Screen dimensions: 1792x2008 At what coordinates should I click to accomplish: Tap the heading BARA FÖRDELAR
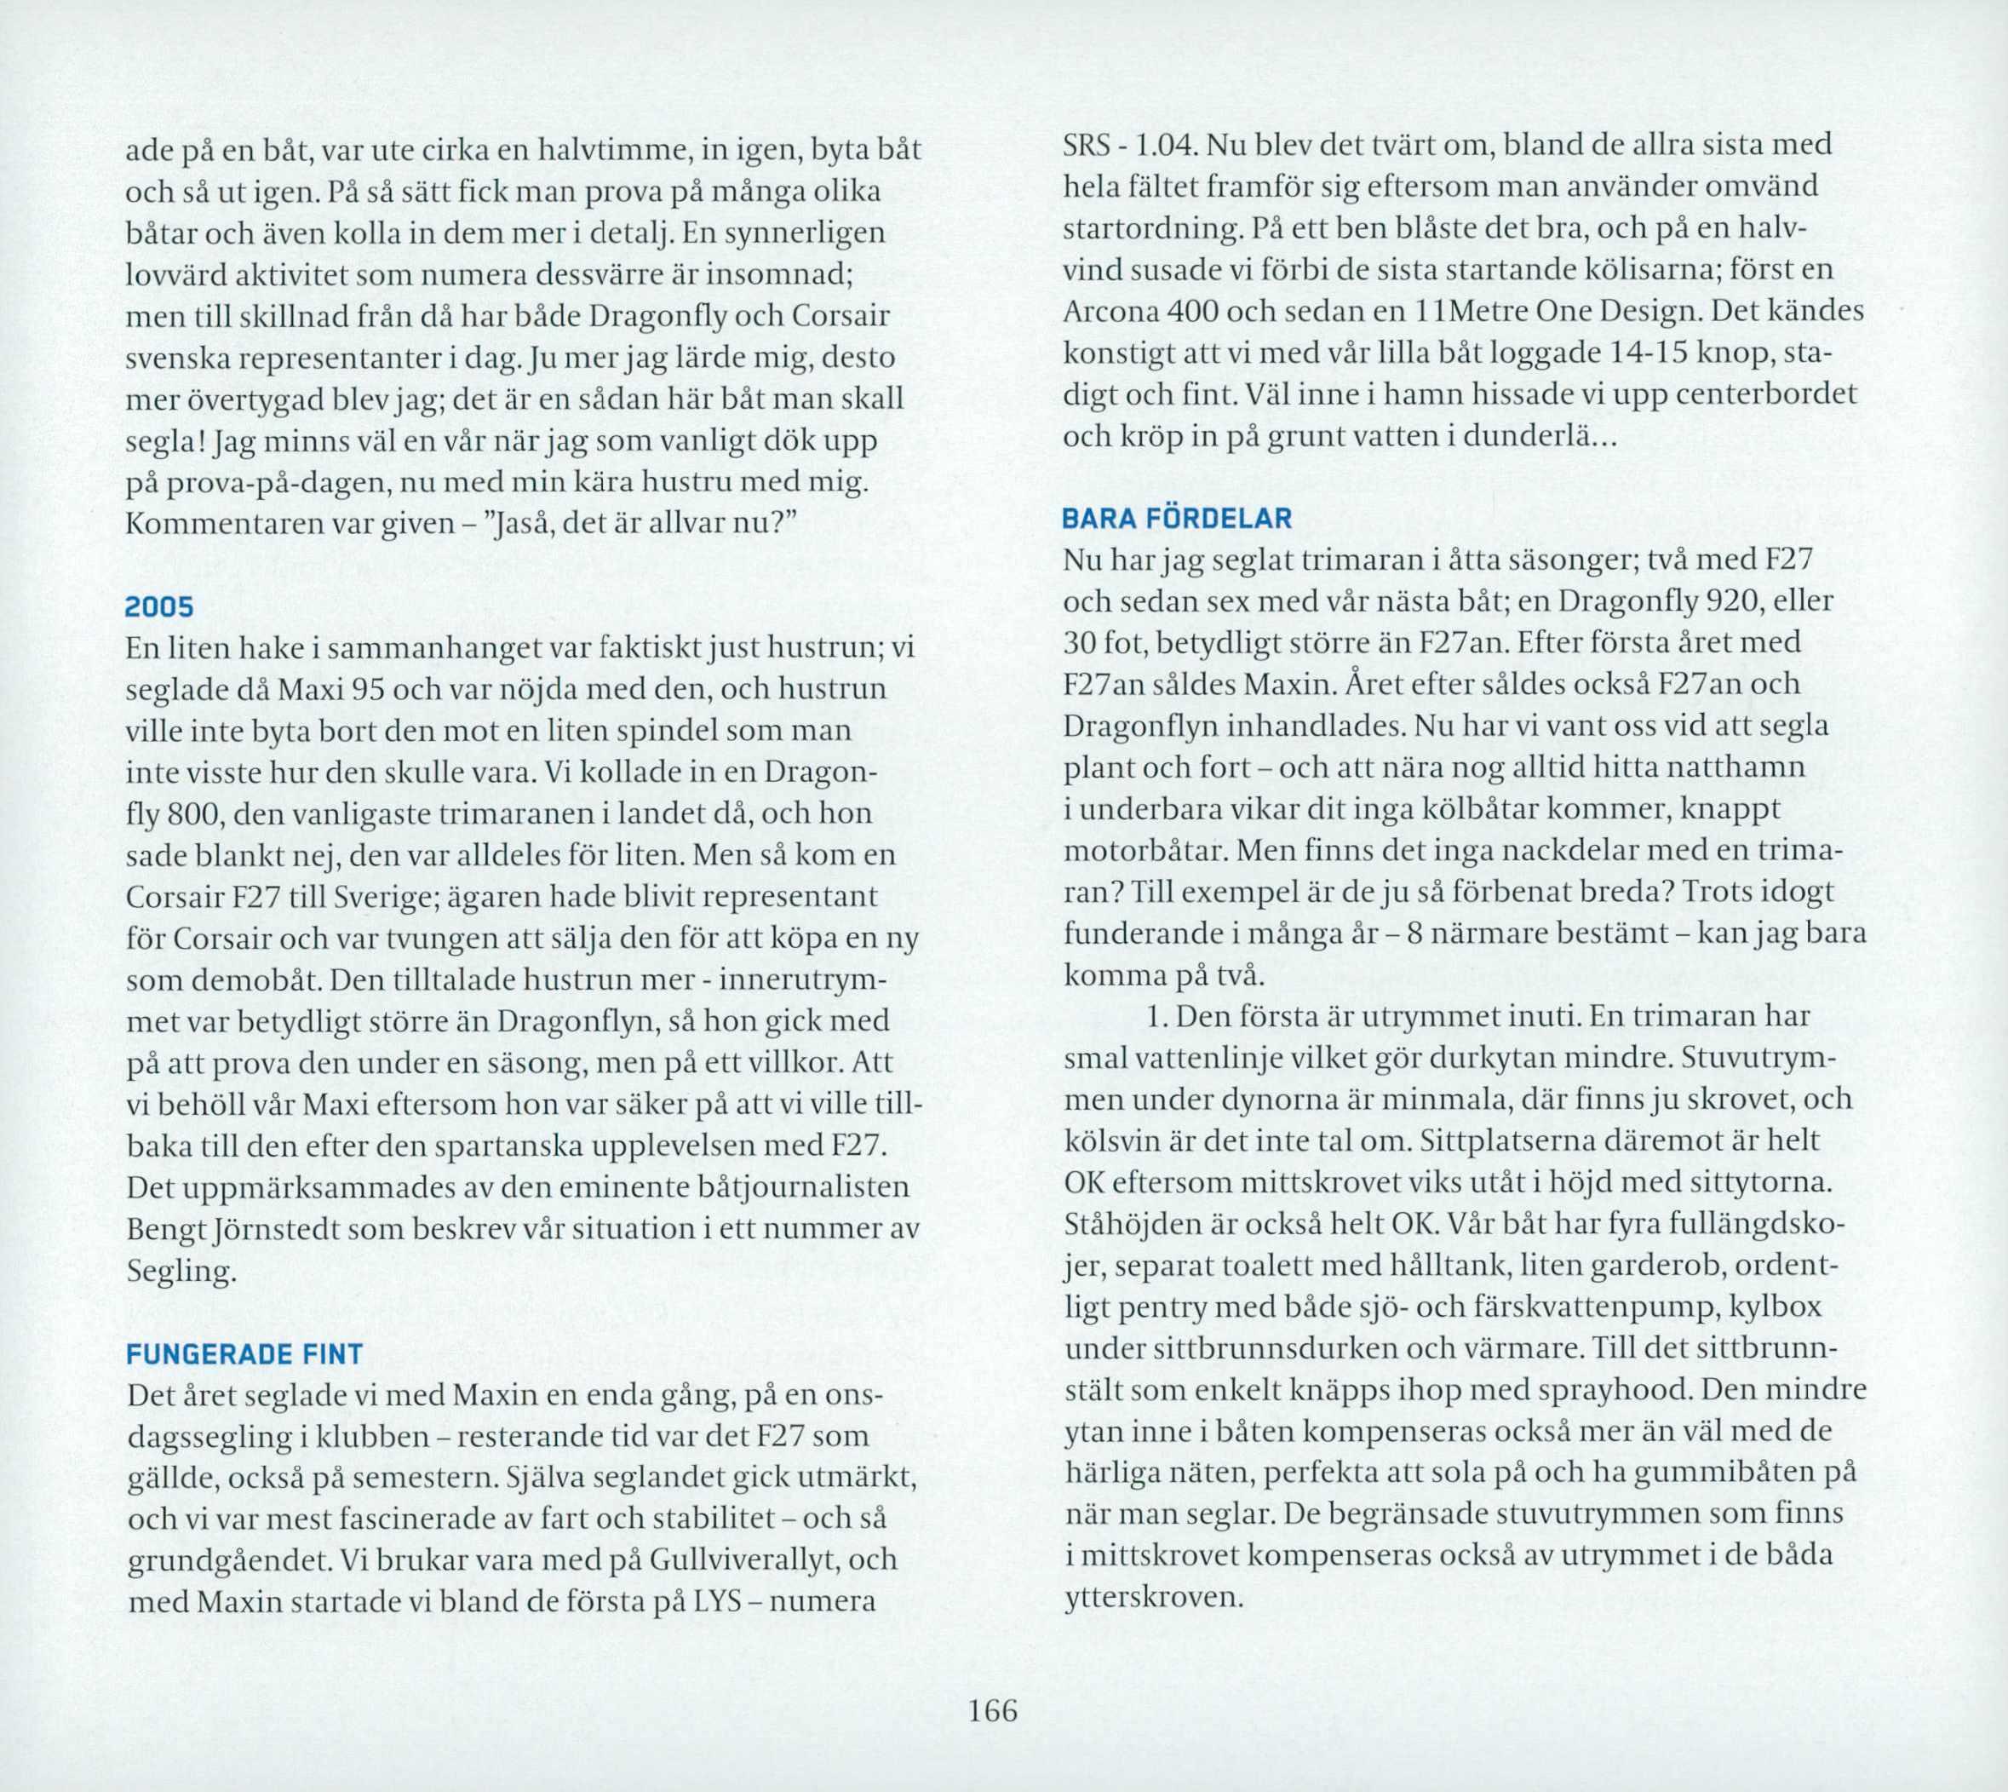point(1177,519)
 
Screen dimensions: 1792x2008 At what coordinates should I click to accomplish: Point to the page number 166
point(992,1711)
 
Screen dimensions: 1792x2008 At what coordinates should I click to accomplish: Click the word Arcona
point(1106,312)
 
